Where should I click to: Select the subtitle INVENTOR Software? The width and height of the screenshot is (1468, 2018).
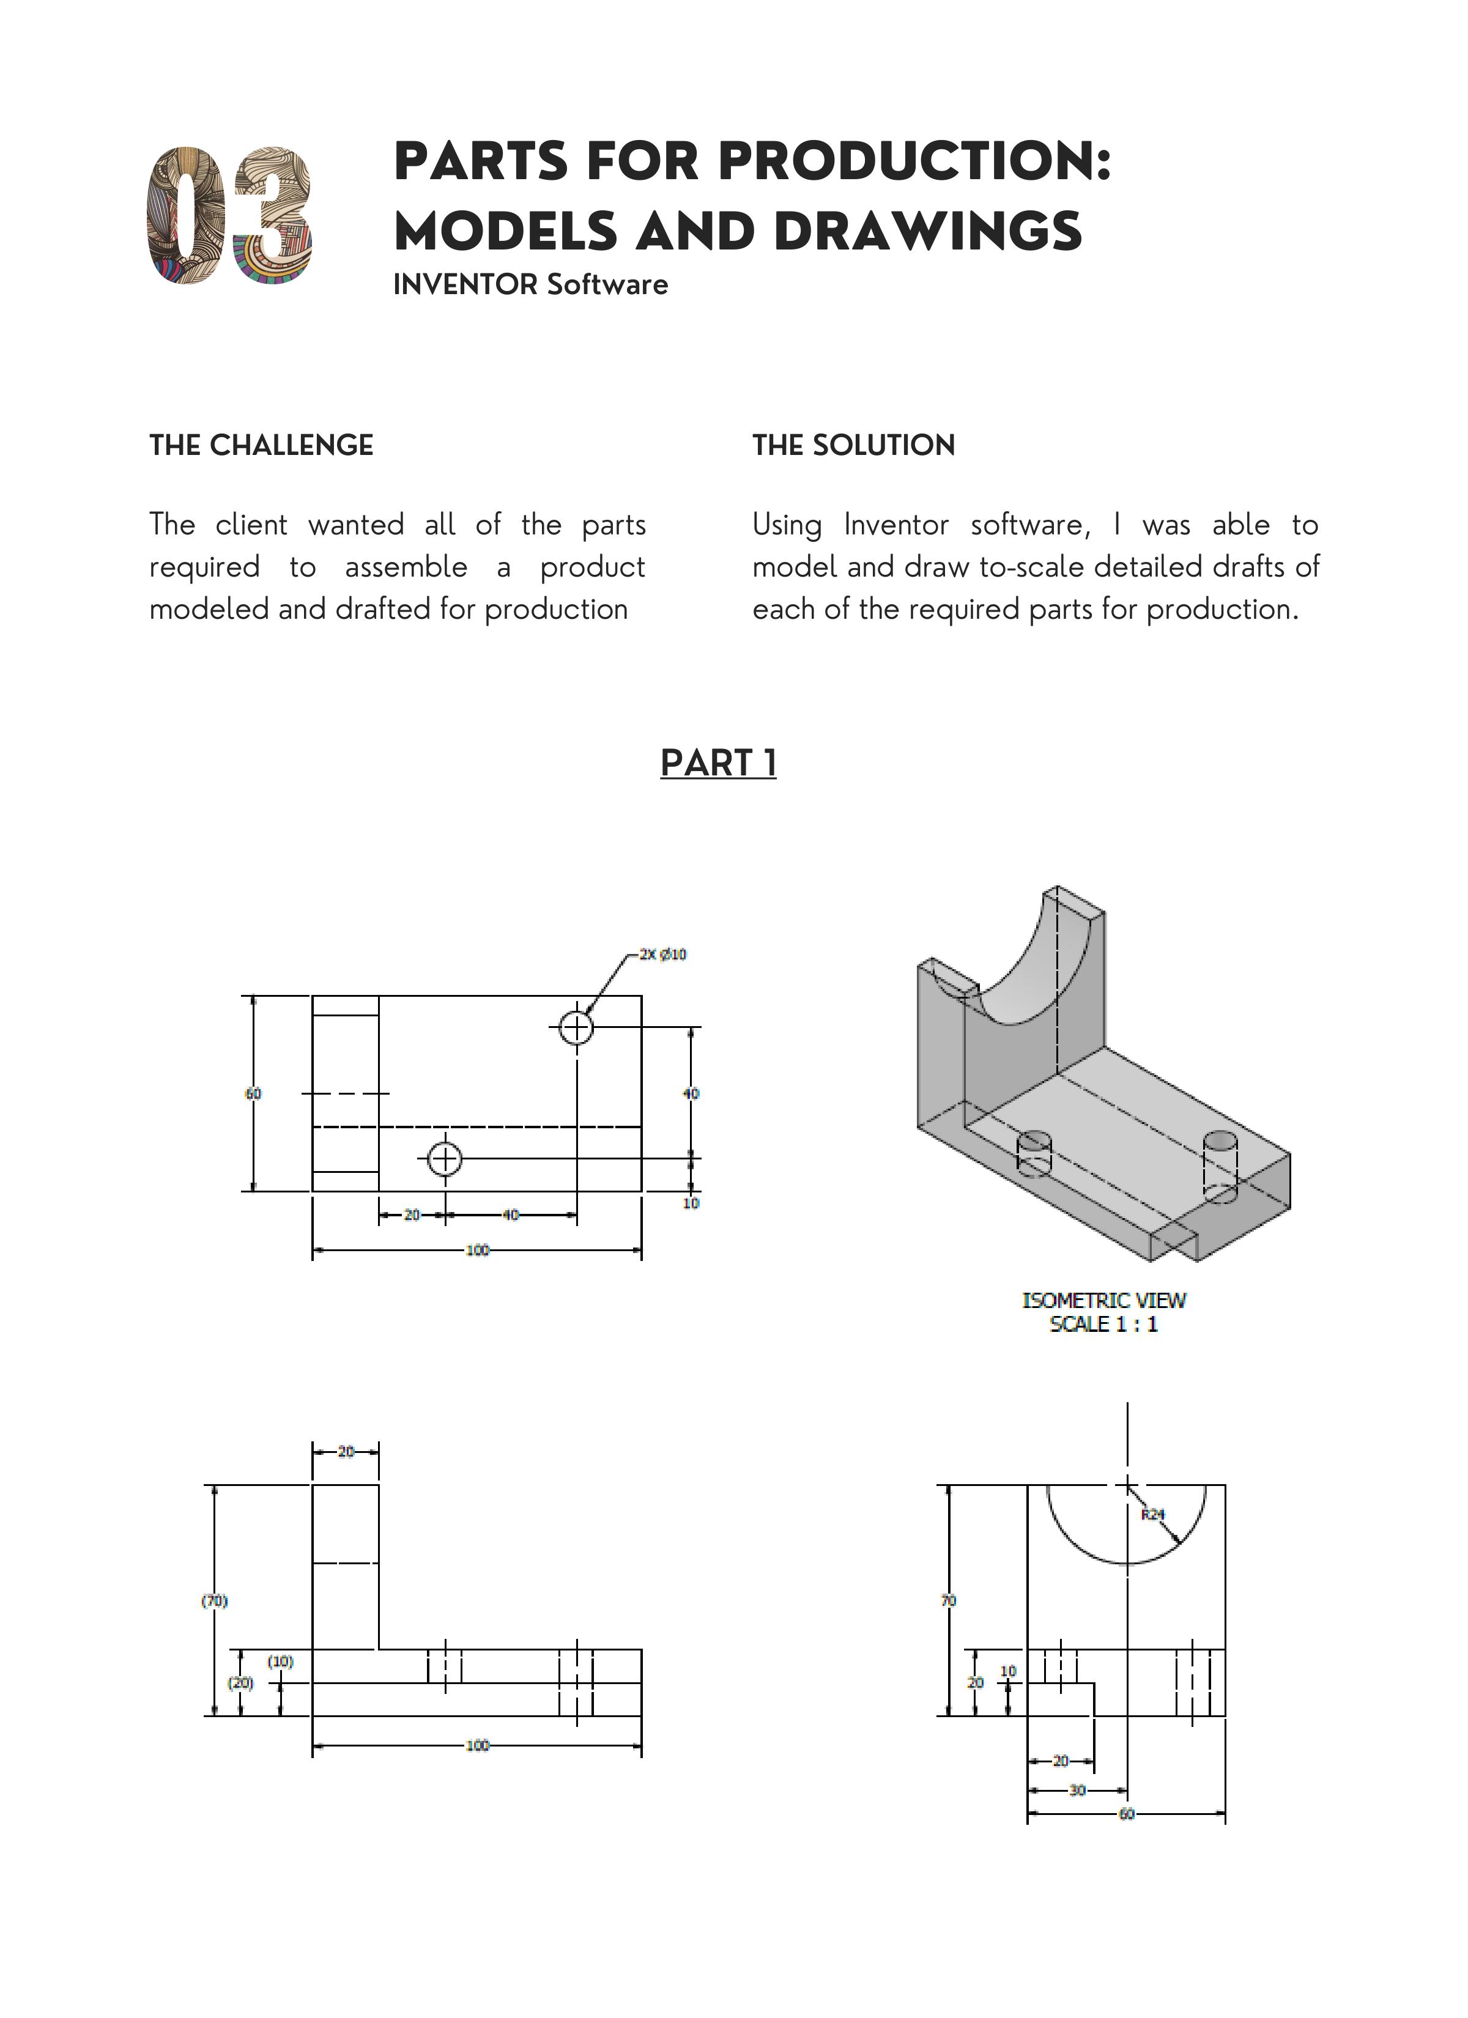point(530,285)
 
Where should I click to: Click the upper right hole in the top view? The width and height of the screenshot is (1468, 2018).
point(577,1028)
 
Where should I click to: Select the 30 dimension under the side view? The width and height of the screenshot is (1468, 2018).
point(1077,1789)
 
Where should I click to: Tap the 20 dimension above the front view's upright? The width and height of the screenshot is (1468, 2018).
point(346,1451)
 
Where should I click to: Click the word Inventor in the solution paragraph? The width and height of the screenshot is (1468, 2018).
point(895,525)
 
